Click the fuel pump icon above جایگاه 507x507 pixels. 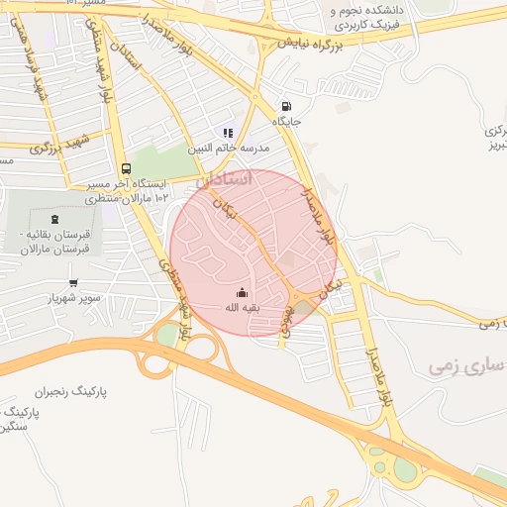[x=287, y=106]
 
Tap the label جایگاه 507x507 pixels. [x=287, y=123]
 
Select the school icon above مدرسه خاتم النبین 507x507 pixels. [x=228, y=133]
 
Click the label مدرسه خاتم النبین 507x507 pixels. [x=229, y=148]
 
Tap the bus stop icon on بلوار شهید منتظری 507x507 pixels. [x=126, y=168]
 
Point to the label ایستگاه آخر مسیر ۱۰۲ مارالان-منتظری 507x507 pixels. [x=122, y=191]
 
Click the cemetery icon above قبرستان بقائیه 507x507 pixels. [x=53, y=218]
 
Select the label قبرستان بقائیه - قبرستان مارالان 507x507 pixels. [x=55, y=243]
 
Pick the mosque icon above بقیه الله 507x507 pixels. [x=242, y=292]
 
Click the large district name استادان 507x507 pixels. [x=225, y=180]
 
